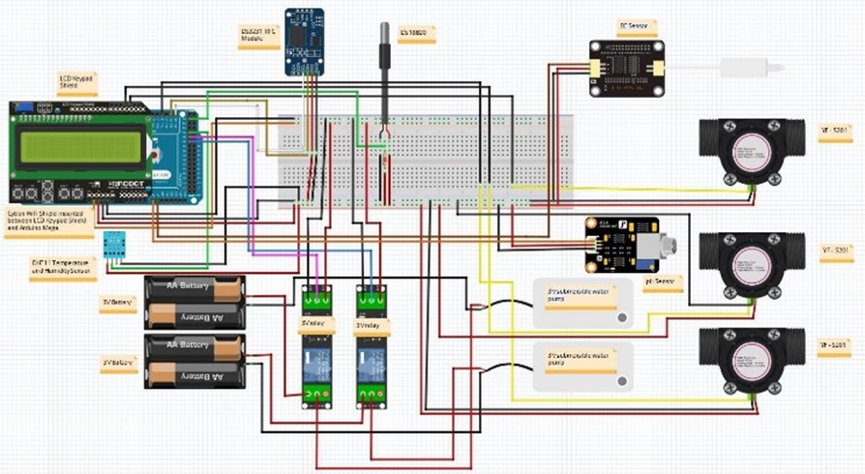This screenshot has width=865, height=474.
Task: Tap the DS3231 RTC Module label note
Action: coord(259,34)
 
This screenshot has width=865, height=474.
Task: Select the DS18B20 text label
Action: coord(418,34)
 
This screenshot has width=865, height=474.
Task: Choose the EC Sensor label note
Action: coord(635,27)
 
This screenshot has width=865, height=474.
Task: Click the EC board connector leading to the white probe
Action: coord(667,69)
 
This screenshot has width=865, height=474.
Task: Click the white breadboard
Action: coord(426,160)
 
